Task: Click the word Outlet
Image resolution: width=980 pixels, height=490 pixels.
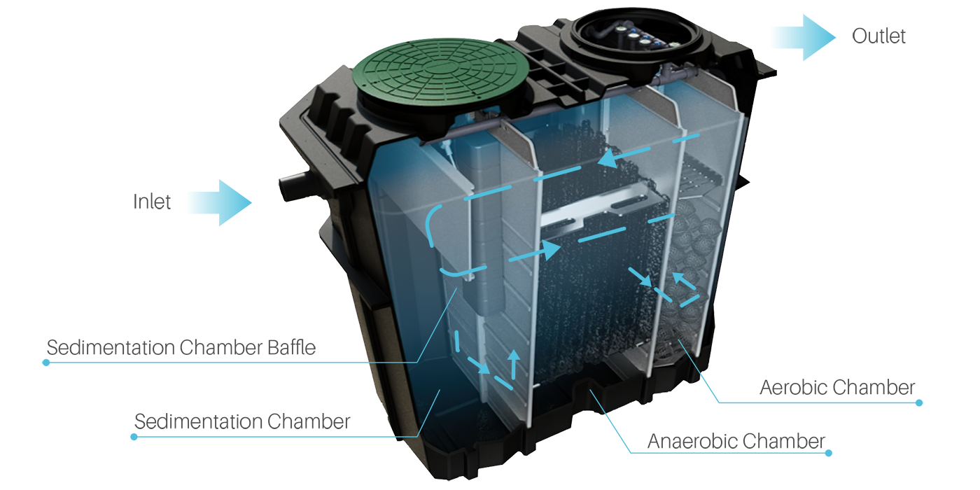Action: pos(878,36)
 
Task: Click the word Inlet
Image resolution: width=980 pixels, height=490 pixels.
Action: pos(151,202)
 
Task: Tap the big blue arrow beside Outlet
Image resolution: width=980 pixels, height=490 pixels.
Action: pos(804,37)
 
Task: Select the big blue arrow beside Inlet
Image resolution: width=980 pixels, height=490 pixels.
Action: pos(220,202)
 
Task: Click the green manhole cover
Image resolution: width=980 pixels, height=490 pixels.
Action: pos(440,72)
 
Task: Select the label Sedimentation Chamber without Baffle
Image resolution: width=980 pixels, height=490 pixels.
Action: pos(242,421)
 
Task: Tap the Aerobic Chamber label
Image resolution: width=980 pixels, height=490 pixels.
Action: pos(837,388)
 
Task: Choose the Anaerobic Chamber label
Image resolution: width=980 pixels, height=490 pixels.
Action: pos(736,441)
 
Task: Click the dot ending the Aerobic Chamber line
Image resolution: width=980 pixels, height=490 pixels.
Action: pos(918,403)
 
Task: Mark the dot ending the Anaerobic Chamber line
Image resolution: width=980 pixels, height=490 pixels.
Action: pos(828,454)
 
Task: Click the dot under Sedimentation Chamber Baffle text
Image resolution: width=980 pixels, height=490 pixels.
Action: pos(46,363)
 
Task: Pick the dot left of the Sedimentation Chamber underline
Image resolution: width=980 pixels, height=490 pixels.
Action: pos(134,437)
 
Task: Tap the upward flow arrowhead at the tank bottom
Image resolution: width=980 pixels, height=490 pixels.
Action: pos(514,355)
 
